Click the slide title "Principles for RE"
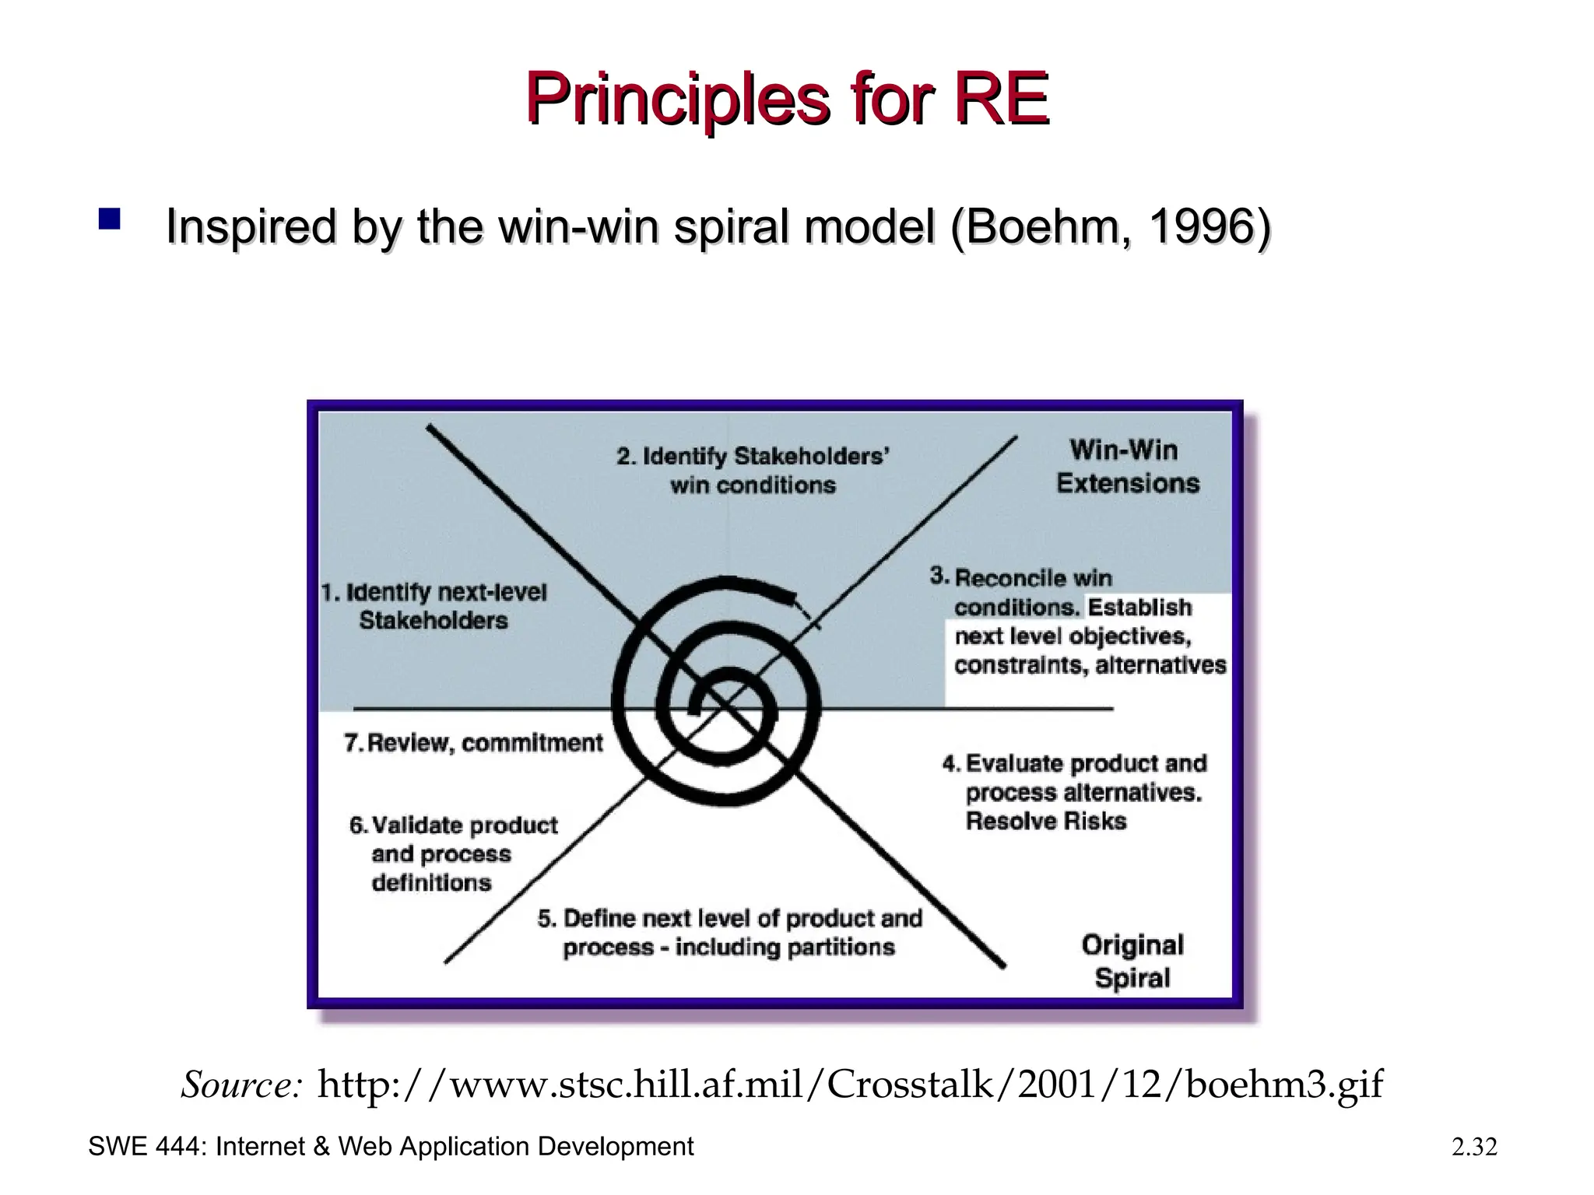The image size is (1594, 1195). click(787, 99)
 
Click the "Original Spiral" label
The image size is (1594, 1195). click(1132, 961)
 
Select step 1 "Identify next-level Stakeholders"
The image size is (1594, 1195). click(434, 606)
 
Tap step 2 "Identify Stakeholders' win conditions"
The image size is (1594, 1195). click(753, 470)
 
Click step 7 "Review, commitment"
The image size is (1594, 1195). click(473, 743)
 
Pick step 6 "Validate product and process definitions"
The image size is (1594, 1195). click(453, 853)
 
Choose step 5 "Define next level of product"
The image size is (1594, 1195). click(729, 933)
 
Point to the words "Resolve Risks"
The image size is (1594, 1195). click(1045, 821)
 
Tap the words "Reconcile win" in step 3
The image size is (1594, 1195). click(1033, 578)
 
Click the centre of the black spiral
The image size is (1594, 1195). click(720, 700)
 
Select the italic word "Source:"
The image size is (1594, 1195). click(241, 1085)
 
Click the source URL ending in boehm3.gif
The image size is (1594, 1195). click(850, 1085)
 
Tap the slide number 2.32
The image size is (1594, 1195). click(1474, 1147)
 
